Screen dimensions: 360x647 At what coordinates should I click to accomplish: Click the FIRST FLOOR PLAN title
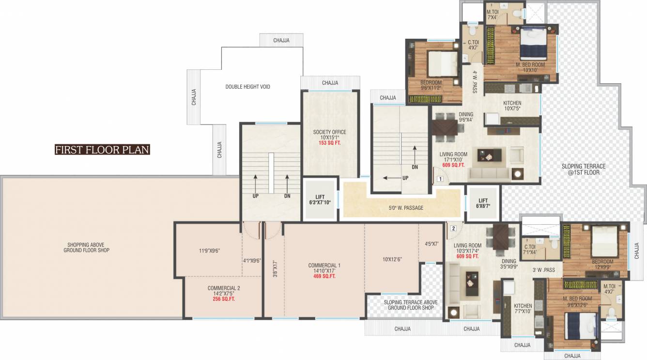point(102,150)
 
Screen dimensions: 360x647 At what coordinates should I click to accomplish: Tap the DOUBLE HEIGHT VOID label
point(247,87)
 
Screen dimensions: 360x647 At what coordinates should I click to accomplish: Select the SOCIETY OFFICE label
point(329,132)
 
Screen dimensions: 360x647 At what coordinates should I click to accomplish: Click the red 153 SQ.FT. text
point(329,143)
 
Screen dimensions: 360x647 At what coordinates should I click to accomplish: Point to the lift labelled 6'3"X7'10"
point(320,200)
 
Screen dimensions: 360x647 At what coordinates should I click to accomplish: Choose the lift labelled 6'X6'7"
point(483,203)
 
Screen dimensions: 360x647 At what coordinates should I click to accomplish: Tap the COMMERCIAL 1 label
point(324,265)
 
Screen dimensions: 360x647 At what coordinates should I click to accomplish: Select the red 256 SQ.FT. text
point(224,299)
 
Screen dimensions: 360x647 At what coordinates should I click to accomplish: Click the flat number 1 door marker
point(440,179)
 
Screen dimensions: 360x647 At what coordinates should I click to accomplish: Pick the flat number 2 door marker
point(453,228)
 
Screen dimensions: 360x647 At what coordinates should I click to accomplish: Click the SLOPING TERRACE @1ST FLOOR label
point(584,169)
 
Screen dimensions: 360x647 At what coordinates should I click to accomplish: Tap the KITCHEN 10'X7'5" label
point(512,106)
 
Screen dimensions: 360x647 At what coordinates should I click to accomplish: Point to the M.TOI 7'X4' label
point(493,15)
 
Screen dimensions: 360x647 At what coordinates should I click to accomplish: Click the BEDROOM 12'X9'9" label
point(602,264)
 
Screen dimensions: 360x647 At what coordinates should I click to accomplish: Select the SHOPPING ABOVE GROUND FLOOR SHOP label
point(86,247)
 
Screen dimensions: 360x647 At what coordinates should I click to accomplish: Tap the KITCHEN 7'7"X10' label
point(523,308)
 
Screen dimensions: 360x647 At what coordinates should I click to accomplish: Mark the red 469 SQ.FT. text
point(324,276)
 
